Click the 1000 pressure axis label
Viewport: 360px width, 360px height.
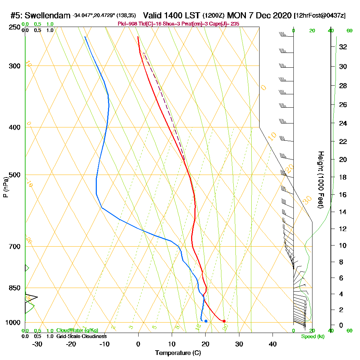(x=12, y=323)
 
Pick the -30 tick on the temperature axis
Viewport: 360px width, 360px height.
(x=37, y=344)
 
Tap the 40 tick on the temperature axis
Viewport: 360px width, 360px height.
(x=273, y=344)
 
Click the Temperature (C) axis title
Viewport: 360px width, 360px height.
(x=178, y=353)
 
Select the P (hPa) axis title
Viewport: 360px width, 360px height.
(x=5, y=187)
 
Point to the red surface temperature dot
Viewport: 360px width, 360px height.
(x=224, y=321)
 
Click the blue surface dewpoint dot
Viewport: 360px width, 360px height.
(x=206, y=321)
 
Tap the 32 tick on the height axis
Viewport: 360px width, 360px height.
(x=342, y=47)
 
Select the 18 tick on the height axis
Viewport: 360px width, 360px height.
(x=342, y=177)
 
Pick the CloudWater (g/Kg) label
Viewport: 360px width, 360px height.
(x=77, y=330)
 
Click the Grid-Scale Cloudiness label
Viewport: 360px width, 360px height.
(x=81, y=336)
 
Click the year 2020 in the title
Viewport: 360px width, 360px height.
(x=279, y=15)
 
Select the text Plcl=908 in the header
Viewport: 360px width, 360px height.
(x=127, y=24)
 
